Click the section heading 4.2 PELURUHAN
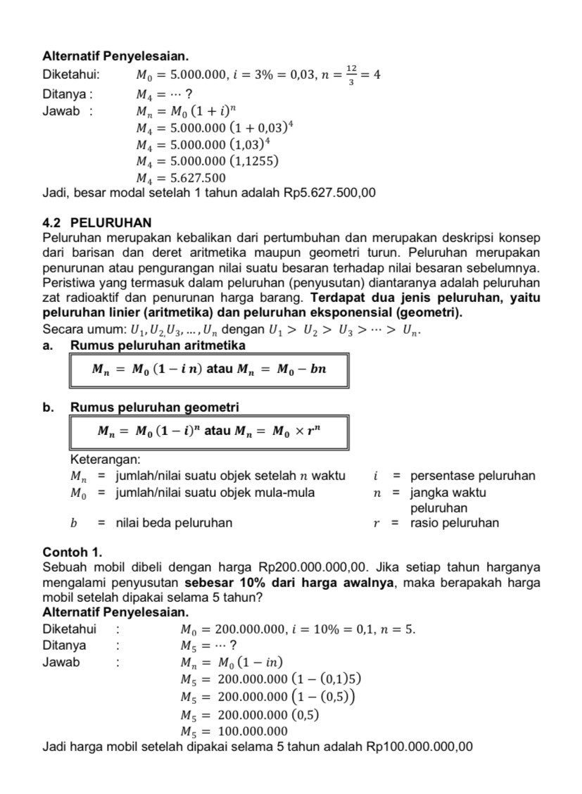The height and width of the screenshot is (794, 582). pyautogui.click(x=96, y=223)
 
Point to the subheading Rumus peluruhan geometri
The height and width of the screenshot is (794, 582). pyautogui.click(x=154, y=408)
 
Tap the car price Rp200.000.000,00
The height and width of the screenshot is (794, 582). pyautogui.click(x=314, y=567)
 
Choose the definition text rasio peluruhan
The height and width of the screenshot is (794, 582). pyautogui.click(x=455, y=523)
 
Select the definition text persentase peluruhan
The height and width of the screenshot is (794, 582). pyautogui.click(x=472, y=476)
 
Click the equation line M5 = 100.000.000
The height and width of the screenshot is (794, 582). pyautogui.click(x=234, y=731)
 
